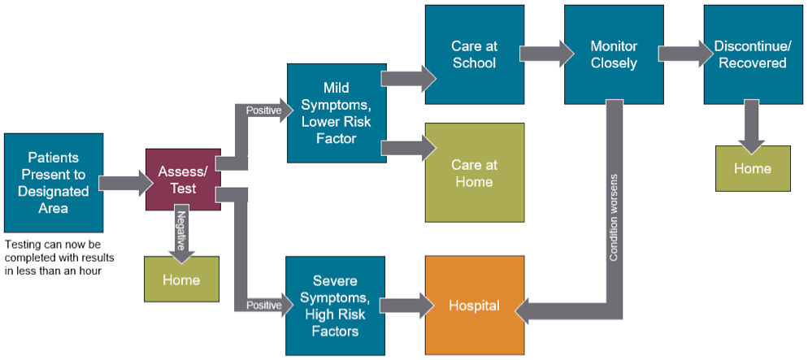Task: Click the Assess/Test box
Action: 183,180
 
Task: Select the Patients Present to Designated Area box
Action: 53,182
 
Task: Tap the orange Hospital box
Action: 474,306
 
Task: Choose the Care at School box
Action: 474,54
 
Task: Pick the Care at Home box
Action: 474,172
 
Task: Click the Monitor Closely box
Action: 614,54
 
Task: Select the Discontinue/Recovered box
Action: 753,54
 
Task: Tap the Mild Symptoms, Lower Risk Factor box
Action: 337,113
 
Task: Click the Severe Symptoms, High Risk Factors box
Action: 336,306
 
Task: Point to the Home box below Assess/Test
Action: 181,279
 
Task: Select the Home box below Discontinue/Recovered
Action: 753,168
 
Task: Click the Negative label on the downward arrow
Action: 181,229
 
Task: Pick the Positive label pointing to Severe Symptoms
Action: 264,306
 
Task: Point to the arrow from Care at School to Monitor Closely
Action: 547,54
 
